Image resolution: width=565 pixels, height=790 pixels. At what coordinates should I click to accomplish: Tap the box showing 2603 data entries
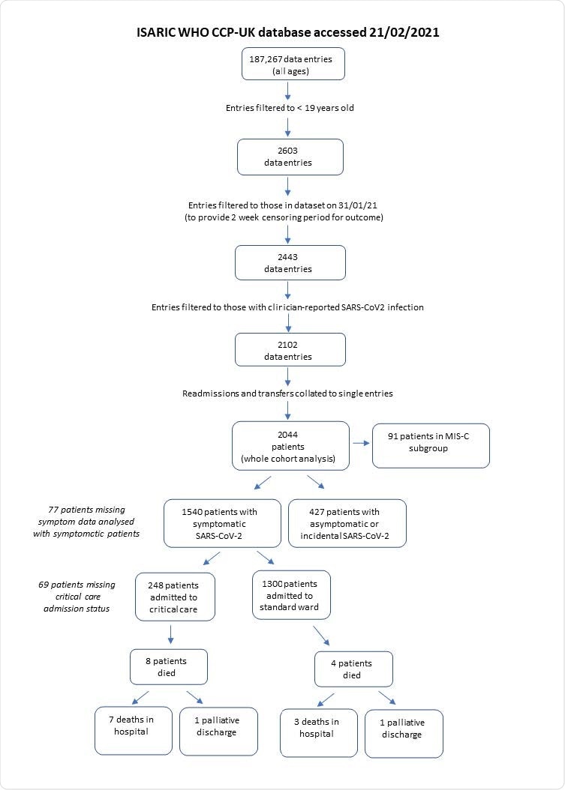(x=290, y=157)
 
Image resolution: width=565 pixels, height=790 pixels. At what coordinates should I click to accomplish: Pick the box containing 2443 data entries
(x=290, y=263)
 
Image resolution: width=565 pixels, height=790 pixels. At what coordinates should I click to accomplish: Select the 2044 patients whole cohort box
(x=290, y=445)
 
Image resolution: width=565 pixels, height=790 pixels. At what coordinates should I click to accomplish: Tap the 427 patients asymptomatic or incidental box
(x=347, y=524)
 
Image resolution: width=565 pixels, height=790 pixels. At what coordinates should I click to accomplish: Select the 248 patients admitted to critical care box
(x=176, y=596)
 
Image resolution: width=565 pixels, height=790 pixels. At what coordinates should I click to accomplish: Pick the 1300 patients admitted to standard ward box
(x=290, y=594)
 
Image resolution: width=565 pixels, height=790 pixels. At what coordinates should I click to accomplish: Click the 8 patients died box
(x=168, y=666)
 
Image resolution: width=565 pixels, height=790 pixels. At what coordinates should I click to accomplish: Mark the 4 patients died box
(x=353, y=669)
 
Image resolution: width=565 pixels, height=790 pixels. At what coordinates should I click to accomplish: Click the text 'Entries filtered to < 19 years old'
(x=290, y=108)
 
